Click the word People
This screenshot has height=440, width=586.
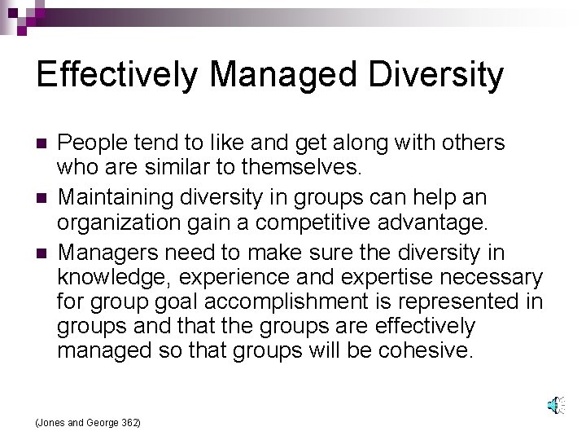click(x=87, y=143)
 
